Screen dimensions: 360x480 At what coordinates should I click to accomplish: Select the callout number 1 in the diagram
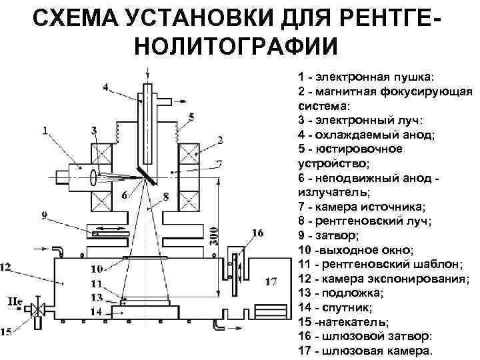(45, 131)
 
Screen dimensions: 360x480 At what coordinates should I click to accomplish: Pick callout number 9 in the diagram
(44, 215)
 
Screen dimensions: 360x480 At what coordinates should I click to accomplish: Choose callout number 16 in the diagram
(257, 232)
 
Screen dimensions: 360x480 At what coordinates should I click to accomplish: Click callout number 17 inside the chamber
(271, 281)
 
